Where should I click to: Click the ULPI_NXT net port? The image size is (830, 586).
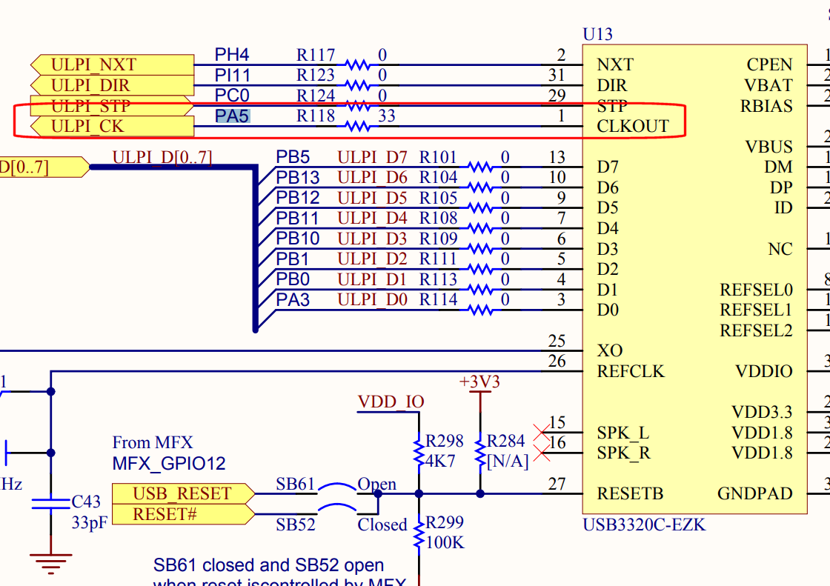click(x=111, y=64)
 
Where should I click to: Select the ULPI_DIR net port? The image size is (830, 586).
click(x=111, y=85)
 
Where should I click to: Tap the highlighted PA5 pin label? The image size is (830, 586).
click(x=232, y=116)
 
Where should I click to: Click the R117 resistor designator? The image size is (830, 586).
click(x=316, y=55)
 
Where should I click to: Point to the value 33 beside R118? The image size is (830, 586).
click(x=386, y=116)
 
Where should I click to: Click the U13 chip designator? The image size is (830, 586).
click(x=598, y=34)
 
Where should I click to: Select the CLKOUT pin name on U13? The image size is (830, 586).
click(x=632, y=126)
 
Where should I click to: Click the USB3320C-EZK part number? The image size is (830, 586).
click(x=644, y=525)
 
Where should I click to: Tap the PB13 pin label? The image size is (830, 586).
click(x=298, y=178)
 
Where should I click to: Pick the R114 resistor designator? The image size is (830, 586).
click(x=438, y=300)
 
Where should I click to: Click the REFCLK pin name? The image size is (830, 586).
click(x=631, y=371)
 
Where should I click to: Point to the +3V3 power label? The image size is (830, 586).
click(x=479, y=382)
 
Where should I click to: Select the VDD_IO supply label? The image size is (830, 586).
click(x=391, y=402)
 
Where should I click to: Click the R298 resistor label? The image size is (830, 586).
click(x=444, y=442)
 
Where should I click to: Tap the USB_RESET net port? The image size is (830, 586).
click(x=182, y=493)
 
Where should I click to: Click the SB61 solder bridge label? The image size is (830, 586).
click(x=295, y=485)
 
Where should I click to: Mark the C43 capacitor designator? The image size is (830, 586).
click(x=86, y=502)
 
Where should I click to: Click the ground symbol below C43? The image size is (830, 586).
click(x=50, y=560)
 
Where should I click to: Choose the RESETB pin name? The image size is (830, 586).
click(x=630, y=493)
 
